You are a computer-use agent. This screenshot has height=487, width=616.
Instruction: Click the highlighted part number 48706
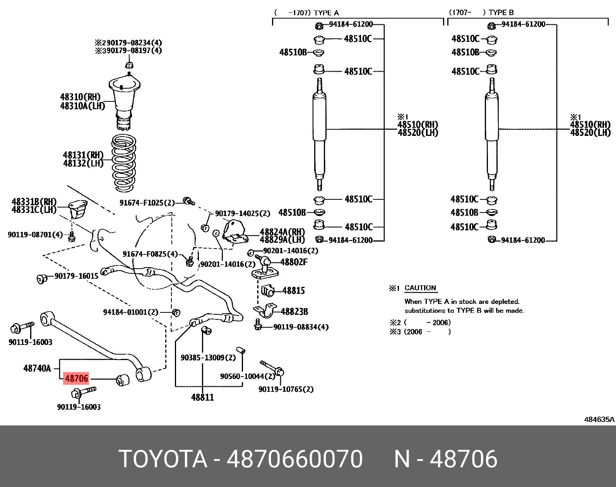tap(76, 378)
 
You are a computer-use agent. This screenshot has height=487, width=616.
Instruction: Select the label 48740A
tap(37, 368)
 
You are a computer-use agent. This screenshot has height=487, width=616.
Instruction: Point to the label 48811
tap(202, 397)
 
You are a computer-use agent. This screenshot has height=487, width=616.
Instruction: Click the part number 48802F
tap(294, 262)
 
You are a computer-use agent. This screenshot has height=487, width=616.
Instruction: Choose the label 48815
tap(293, 290)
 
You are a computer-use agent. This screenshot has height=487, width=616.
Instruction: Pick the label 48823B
tap(294, 311)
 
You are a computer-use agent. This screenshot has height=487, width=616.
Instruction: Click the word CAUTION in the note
tap(420, 288)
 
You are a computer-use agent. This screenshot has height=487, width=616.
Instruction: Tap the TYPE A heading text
tap(326, 13)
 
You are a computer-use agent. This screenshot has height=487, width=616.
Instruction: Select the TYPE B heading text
tap(501, 12)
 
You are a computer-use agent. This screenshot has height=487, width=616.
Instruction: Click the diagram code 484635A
tap(599, 419)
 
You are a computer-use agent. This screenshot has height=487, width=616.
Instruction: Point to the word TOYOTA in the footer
tap(163, 459)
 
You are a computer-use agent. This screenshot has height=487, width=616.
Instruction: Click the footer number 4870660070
tap(294, 459)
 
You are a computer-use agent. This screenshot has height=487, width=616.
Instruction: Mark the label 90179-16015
tap(76, 276)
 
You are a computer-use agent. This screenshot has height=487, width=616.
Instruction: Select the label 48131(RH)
tap(83, 155)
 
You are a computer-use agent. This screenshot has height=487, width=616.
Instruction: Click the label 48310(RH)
tap(80, 97)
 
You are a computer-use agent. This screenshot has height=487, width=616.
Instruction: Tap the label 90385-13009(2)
tap(208, 357)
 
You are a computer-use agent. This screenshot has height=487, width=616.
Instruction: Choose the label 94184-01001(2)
tap(131, 312)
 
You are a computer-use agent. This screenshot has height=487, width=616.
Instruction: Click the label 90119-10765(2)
tap(286, 389)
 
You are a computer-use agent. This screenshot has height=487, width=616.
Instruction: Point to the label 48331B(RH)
tap(34, 202)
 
